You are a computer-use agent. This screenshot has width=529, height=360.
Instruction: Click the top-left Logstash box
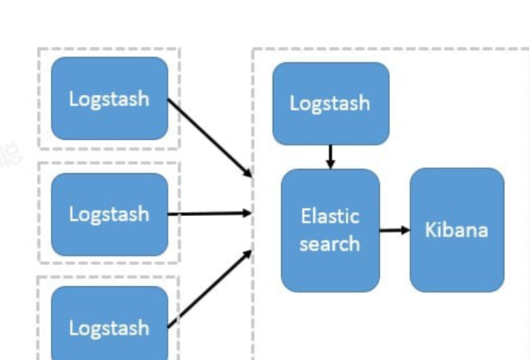[109, 98]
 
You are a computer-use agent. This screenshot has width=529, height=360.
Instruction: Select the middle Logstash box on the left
[109, 214]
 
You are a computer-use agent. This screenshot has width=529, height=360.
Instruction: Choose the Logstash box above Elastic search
[330, 103]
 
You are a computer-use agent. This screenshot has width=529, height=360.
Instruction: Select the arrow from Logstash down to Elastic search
[330, 155]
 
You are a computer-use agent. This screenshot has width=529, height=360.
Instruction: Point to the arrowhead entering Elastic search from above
[330, 164]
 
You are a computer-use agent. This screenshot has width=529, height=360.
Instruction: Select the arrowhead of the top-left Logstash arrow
[248, 173]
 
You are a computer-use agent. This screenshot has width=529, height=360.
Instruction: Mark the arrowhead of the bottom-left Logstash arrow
[248, 252]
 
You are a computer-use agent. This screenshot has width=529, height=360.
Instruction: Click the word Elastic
[329, 216]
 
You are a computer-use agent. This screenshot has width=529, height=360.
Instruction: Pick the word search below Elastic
[329, 244]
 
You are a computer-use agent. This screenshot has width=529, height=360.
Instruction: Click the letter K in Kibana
[430, 229]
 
